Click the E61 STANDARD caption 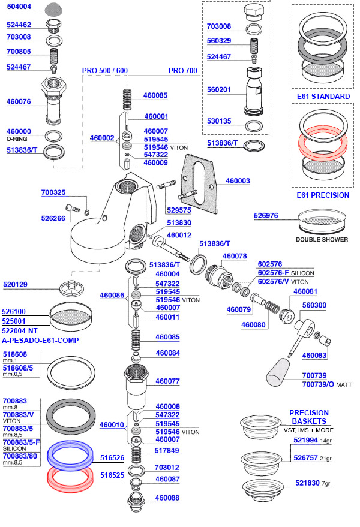tap(323, 97)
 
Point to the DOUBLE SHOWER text tap(322, 240)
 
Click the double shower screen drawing tap(322, 220)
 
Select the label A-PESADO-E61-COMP tap(40, 341)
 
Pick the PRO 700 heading tap(182, 70)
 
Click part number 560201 tap(220, 89)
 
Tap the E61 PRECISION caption tap(323, 195)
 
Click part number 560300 tap(314, 305)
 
